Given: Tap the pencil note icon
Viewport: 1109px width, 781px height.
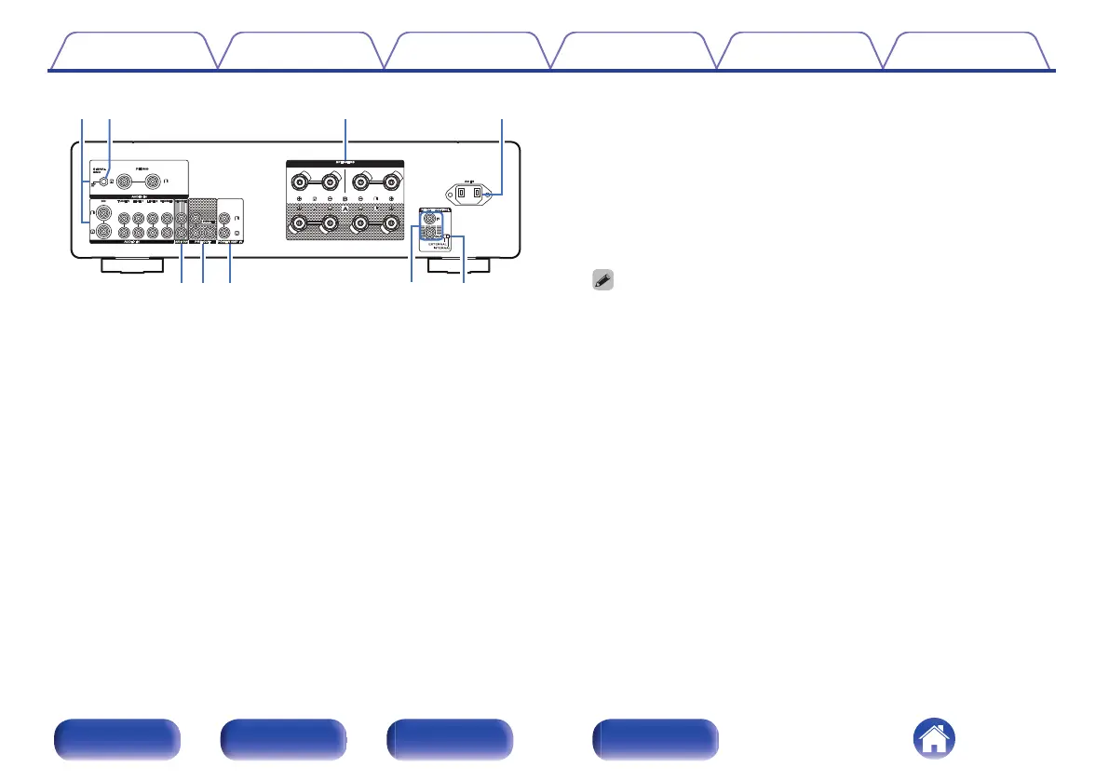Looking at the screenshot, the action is (x=602, y=280).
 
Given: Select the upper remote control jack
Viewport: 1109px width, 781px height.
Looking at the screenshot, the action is (x=429, y=219).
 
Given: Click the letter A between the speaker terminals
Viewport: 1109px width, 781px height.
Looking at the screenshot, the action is (x=345, y=209).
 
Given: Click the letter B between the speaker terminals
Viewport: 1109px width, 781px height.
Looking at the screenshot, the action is (x=345, y=198).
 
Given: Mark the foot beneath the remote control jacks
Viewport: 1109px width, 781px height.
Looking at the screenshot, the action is (x=456, y=266).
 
